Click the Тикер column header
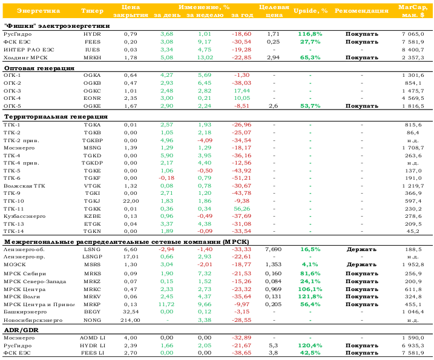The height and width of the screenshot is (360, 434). [92, 11]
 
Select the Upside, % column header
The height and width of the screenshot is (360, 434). [311, 11]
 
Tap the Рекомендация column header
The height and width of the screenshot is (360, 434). [361, 11]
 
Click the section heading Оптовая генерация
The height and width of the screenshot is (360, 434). [39, 68]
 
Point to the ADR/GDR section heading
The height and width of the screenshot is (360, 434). [21, 330]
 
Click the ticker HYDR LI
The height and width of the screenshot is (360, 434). [92, 345]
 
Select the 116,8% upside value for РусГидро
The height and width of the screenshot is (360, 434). [311, 34]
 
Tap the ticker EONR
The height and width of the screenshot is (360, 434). [92, 98]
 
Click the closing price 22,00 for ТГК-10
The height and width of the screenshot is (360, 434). [131, 201]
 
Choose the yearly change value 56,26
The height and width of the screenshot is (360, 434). [242, 209]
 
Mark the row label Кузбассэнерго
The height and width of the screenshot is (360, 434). [24, 217]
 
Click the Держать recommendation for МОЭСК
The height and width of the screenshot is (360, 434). [361, 264]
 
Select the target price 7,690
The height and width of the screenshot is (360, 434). [273, 249]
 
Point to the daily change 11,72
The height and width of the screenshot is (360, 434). [166, 304]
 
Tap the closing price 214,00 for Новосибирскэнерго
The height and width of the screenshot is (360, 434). [130, 320]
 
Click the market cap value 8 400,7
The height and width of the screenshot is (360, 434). [413, 50]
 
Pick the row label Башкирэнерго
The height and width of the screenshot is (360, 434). [25, 312]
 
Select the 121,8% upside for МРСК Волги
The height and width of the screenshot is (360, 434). [311, 296]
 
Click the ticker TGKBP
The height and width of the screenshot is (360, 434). [93, 140]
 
